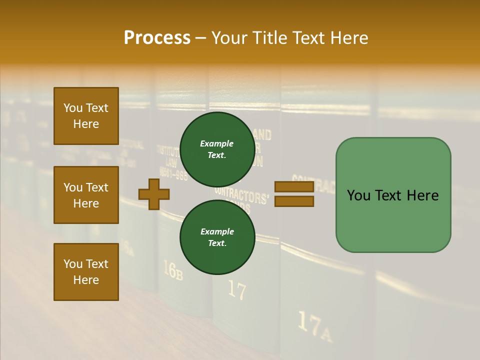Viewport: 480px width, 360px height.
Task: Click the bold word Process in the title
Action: click(x=157, y=38)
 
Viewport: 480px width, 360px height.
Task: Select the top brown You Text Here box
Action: click(x=86, y=116)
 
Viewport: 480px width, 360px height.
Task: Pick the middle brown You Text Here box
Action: click(x=86, y=195)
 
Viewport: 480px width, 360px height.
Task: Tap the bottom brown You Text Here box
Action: click(x=86, y=272)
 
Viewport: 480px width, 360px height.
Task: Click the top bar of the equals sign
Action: click(x=294, y=187)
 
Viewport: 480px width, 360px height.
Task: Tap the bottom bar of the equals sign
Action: click(x=294, y=201)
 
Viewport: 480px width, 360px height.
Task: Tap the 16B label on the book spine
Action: click(x=172, y=270)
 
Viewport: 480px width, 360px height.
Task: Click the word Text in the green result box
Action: click(x=392, y=195)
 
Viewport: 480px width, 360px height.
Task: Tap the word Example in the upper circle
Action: click(x=217, y=143)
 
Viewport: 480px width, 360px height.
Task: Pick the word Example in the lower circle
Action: click(x=217, y=231)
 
